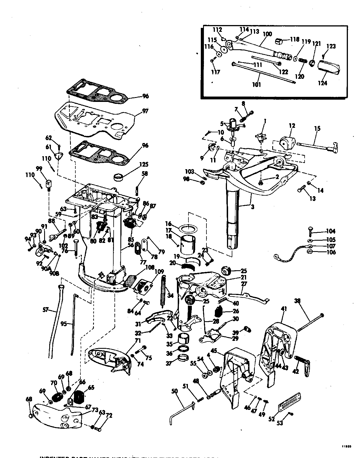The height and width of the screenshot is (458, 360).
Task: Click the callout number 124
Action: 322,83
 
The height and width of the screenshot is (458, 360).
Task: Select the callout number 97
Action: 145,111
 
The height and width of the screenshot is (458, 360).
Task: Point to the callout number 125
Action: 145,164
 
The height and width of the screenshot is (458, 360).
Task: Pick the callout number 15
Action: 317,129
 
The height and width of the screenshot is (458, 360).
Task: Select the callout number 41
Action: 284,309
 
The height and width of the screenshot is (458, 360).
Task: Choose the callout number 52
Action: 271,419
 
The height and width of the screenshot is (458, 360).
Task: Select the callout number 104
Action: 331,231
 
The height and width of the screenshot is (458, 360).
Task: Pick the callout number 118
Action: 295,39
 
